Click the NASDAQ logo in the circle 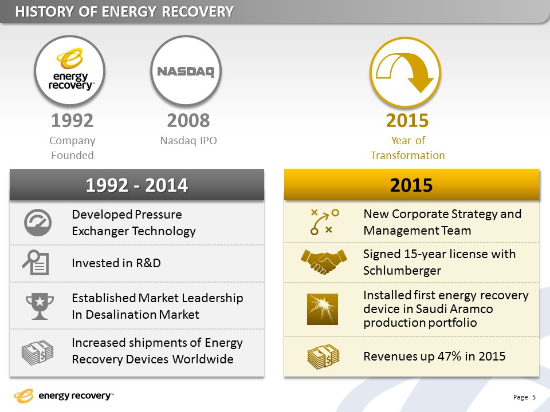(x=186, y=72)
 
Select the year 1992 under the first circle (x=72, y=121)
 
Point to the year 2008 (x=188, y=121)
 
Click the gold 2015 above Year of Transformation (x=407, y=121)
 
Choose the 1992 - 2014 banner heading (x=137, y=185)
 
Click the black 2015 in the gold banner (x=411, y=185)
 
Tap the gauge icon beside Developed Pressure (x=38, y=223)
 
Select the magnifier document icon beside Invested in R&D (x=36, y=263)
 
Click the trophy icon (x=40, y=306)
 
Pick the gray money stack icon (x=38, y=352)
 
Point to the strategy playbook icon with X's (x=324, y=222)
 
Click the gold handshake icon (x=324, y=262)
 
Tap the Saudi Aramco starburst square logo (x=323, y=310)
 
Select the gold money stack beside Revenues (x=323, y=356)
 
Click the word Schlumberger (x=402, y=271)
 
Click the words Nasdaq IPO (x=188, y=141)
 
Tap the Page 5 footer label (x=524, y=397)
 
